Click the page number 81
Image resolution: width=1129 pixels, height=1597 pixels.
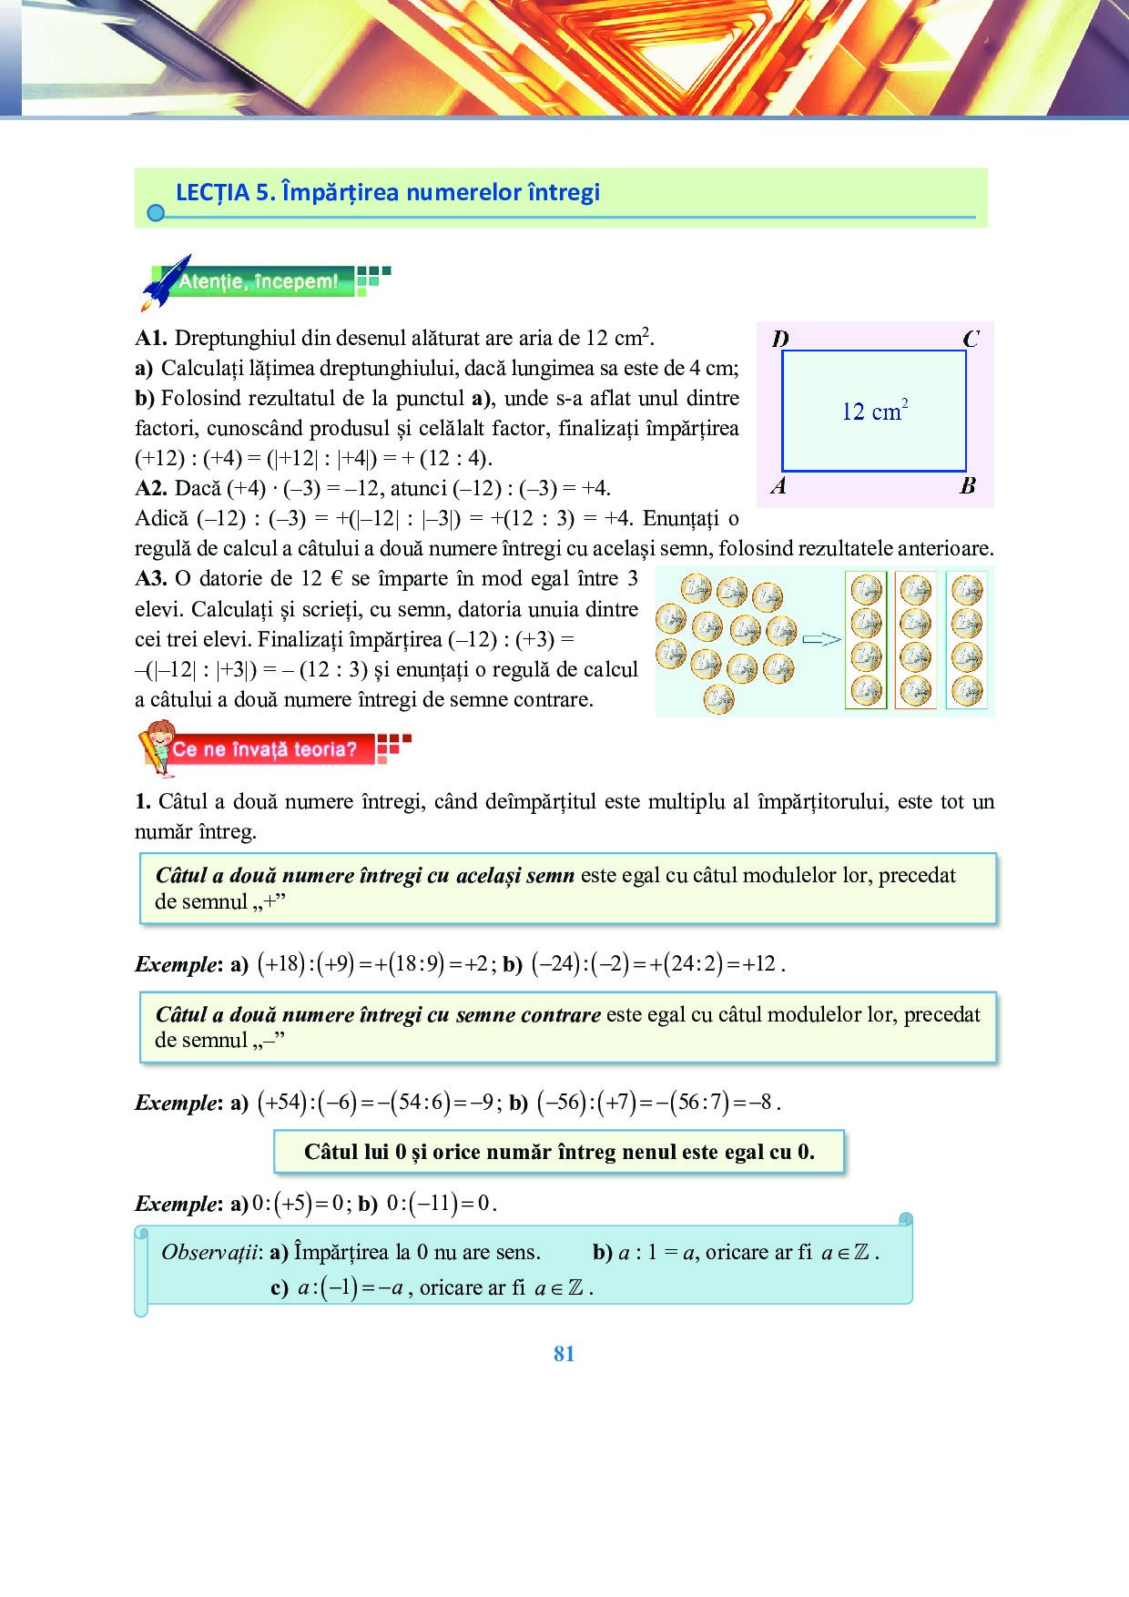click(564, 1354)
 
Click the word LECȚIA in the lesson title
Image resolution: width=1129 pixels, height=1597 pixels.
click(212, 192)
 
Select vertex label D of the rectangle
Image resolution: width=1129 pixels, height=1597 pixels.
click(780, 339)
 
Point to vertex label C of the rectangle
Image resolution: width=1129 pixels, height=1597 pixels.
click(971, 339)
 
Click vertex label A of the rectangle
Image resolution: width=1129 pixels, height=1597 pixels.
click(778, 485)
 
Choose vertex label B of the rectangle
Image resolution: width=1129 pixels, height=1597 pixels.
click(968, 485)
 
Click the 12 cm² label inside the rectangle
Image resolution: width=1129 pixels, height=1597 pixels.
click(874, 412)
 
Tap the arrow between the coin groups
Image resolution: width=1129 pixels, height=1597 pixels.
click(821, 639)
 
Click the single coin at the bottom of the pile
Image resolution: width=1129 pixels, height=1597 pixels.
click(718, 698)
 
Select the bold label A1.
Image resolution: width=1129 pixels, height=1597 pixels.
click(151, 339)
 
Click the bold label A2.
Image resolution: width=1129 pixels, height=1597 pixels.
click(151, 489)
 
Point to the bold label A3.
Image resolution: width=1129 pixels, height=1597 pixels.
click(151, 579)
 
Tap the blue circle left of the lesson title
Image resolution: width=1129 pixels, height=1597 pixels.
click(156, 213)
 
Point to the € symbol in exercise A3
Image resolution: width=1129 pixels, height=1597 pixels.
click(335, 579)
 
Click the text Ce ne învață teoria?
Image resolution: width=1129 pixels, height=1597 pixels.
click(265, 749)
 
